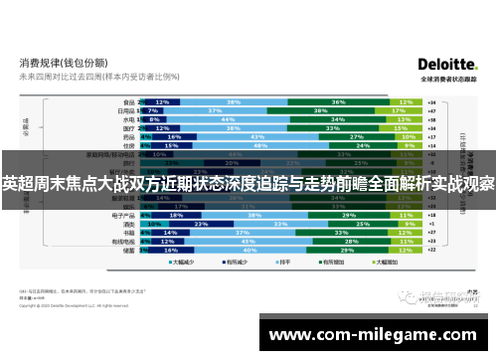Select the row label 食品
pos(128,101)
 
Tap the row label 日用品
pos(126,110)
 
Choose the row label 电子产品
pos(124,214)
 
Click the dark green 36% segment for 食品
pos(338,101)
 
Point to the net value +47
pos(431,110)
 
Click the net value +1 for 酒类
pos(431,223)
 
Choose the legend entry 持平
pos(277,263)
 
